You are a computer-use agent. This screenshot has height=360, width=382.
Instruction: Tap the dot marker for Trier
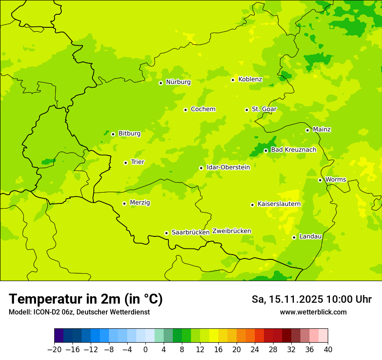(x=125, y=163)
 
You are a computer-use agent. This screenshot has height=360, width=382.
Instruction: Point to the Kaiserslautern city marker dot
(x=252, y=205)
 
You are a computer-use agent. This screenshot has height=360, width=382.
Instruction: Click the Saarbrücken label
(x=191, y=232)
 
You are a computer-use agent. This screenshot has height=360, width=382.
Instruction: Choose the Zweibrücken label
(x=231, y=231)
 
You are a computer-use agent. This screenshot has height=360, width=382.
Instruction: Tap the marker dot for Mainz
(x=307, y=130)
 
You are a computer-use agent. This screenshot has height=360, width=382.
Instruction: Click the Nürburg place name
(x=178, y=82)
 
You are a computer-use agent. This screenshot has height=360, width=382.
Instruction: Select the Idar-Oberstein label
(x=228, y=167)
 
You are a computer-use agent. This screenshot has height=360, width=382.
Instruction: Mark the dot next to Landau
(x=294, y=237)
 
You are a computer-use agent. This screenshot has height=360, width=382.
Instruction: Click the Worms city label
(x=336, y=180)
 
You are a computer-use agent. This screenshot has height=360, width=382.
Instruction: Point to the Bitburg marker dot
(x=113, y=134)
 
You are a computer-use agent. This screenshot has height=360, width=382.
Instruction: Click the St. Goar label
(x=264, y=109)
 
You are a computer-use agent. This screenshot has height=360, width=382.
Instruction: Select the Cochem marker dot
(x=185, y=110)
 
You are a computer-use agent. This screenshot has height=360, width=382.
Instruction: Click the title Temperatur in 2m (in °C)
(x=86, y=299)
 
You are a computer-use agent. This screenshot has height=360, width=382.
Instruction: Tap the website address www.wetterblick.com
(x=313, y=312)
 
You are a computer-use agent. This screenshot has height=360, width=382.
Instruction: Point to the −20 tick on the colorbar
(x=55, y=350)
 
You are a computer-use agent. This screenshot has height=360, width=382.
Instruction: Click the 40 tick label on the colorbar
(x=328, y=350)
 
